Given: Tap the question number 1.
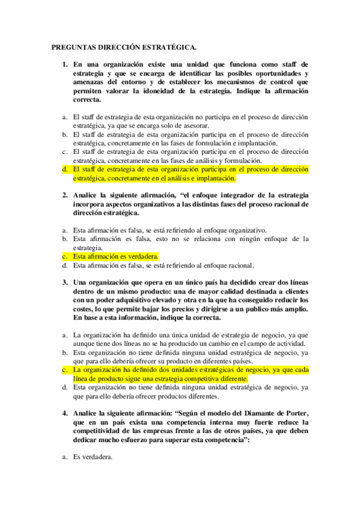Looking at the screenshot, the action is [65, 63].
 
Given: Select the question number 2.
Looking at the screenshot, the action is [65, 195].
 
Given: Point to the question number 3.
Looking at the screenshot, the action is [65, 282].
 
